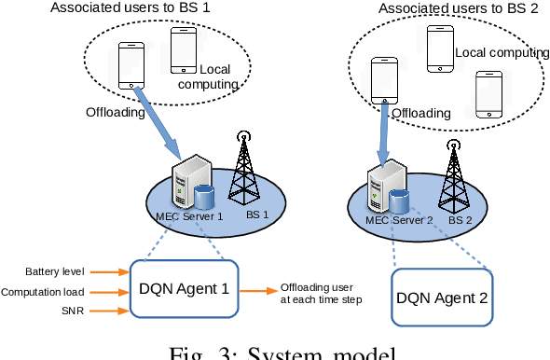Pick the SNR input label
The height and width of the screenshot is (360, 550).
(71, 309)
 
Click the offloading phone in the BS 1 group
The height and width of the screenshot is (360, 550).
(130, 65)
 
